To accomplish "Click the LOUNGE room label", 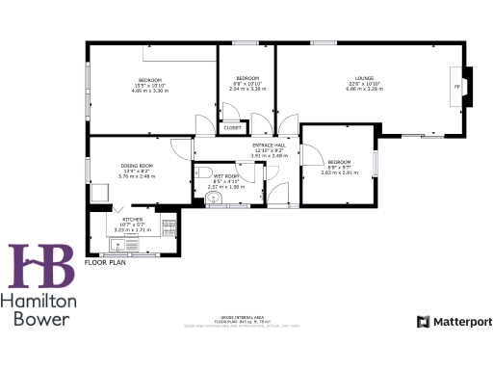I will [364, 78].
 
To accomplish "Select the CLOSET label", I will [232, 127].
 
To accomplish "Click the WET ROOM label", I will [227, 176].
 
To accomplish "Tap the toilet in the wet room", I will [202, 173].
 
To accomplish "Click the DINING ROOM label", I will [136, 166].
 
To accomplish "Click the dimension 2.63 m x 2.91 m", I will [339, 172].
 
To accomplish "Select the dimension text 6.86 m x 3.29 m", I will [364, 90].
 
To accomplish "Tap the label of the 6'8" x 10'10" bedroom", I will [248, 78].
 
